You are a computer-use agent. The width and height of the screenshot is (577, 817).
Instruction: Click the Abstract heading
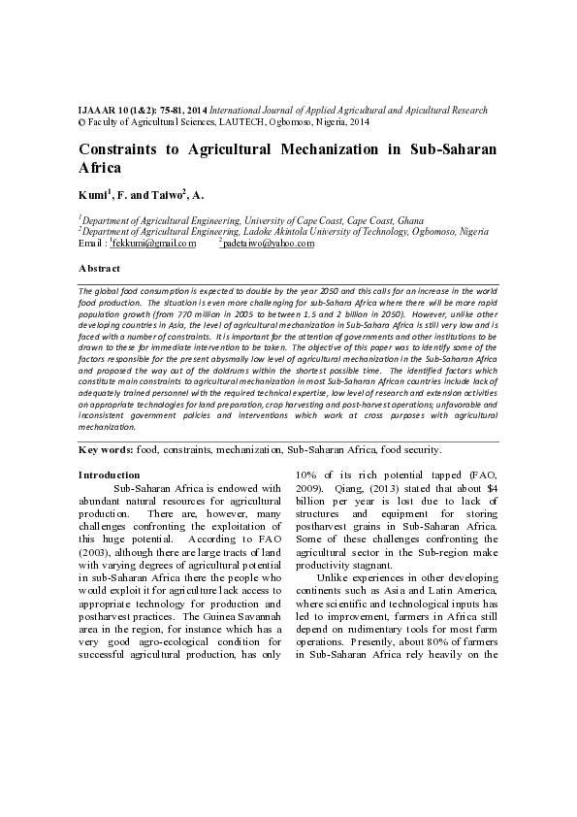coord(99,268)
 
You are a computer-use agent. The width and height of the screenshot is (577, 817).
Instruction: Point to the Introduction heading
coord(109,475)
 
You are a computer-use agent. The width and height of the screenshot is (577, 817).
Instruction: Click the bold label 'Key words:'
coord(105,450)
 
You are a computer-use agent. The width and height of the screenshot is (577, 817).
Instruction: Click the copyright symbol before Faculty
coord(80,123)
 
